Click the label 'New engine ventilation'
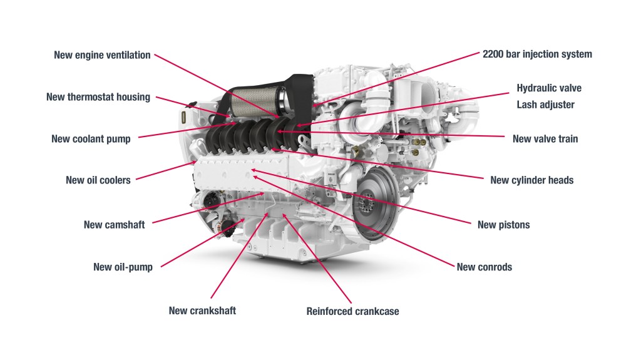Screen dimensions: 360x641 tap(102, 55)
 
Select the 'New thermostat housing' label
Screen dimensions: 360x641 tap(98, 97)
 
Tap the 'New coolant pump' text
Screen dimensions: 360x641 tap(91, 139)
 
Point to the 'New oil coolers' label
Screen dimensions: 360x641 tap(98, 180)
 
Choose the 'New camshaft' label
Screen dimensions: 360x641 tap(114, 225)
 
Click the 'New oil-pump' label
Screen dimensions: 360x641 tap(123, 267)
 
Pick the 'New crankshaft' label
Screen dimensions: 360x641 tap(202, 311)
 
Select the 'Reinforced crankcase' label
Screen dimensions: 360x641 tap(352, 311)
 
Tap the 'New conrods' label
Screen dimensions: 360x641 tap(484, 267)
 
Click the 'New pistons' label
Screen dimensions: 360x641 tap(503, 225)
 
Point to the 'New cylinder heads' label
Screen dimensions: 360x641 tap(531, 180)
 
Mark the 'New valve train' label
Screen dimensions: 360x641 tap(545, 139)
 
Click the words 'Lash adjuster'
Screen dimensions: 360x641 tap(545, 105)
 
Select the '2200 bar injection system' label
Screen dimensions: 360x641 tap(537, 54)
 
